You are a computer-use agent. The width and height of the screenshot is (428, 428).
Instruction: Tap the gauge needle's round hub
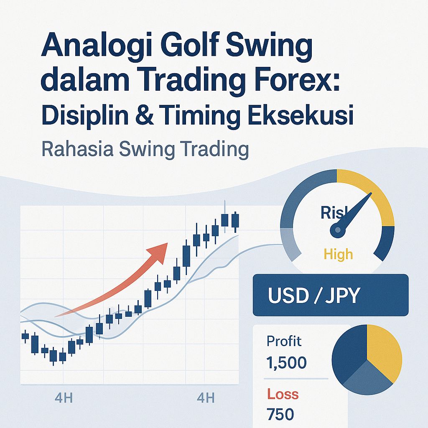(337, 229)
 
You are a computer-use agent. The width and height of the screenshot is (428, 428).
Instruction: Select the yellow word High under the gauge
(338, 254)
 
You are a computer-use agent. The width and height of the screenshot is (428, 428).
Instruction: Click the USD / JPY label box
(330, 295)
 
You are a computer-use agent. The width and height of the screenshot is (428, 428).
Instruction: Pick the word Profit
(284, 341)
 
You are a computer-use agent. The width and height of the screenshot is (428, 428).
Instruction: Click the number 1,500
(286, 362)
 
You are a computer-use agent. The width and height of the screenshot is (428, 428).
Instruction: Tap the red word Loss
(283, 394)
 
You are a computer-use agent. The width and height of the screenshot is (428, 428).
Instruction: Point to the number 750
(280, 414)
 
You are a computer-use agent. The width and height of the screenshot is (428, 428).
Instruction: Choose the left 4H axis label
(64, 397)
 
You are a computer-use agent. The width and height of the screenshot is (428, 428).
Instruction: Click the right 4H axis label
(205, 397)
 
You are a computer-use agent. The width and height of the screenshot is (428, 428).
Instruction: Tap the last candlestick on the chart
(235, 221)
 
